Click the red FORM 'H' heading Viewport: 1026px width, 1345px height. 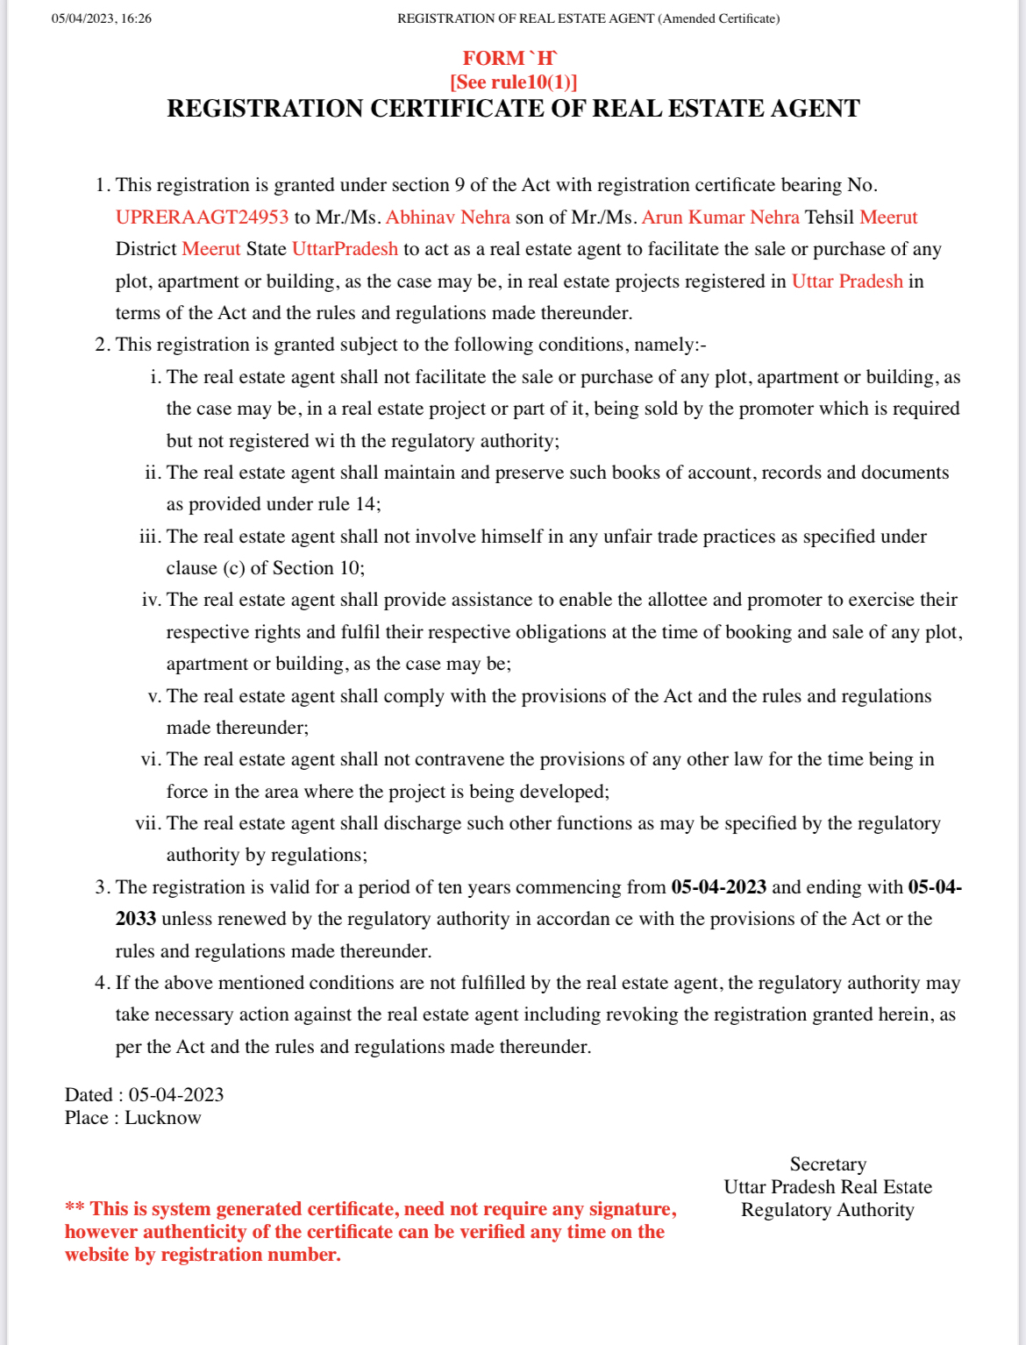click(509, 59)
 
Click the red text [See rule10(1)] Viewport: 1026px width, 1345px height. click(513, 82)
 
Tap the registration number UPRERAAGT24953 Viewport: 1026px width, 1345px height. click(202, 217)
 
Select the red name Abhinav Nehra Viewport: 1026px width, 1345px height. click(447, 217)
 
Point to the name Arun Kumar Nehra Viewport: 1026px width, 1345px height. click(720, 217)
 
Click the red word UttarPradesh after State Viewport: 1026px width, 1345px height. click(345, 249)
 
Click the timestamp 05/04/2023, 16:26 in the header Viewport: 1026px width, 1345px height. click(102, 18)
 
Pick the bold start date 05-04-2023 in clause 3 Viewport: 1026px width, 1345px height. click(718, 887)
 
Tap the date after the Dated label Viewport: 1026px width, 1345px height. click(176, 1095)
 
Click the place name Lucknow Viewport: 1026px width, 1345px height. click(163, 1118)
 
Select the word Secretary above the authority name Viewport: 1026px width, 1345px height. click(828, 1164)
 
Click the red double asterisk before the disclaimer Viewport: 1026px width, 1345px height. click(75, 1209)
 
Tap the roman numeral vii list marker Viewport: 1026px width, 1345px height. click(147, 823)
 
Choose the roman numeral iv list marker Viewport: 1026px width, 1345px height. click(151, 600)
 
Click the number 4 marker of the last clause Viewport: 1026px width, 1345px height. click(102, 983)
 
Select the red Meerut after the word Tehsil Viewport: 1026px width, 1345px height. click(888, 217)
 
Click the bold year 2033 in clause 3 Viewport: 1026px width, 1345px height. click(136, 919)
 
